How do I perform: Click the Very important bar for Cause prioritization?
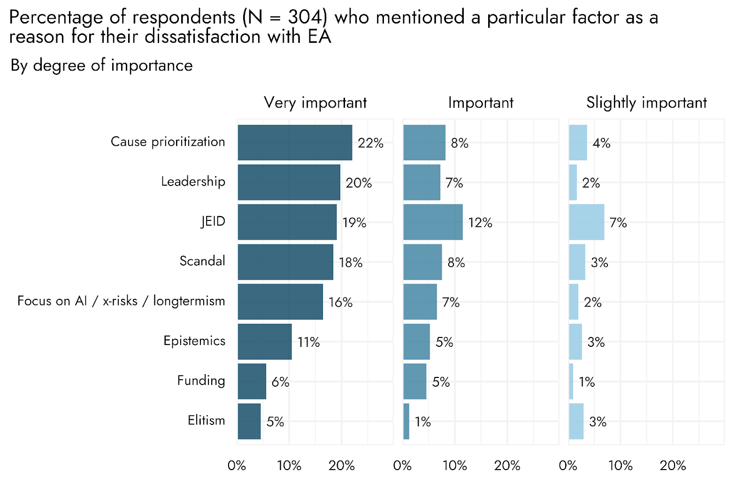(x=295, y=143)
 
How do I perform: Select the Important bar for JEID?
(x=433, y=222)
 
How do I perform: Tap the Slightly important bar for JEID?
(x=587, y=222)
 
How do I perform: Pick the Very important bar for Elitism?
(x=249, y=422)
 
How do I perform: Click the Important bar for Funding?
(x=415, y=382)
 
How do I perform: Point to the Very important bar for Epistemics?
(x=265, y=342)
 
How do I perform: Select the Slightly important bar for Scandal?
(x=577, y=262)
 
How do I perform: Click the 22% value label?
(x=370, y=143)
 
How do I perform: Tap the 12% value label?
(x=480, y=223)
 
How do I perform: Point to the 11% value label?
(x=308, y=342)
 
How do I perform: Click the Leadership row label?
(x=193, y=181)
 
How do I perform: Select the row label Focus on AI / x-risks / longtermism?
(x=122, y=301)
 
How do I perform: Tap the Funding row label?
(x=201, y=381)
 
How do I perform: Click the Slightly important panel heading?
(x=646, y=102)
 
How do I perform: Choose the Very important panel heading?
(x=315, y=102)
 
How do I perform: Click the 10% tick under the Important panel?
(x=455, y=466)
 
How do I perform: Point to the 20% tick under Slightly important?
(x=673, y=466)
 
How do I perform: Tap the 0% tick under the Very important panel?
(x=237, y=466)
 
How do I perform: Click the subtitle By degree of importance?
(x=101, y=65)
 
